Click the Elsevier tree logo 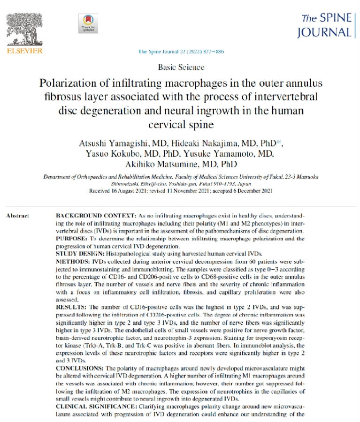pyautogui.click(x=24, y=26)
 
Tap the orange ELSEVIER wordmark pyautogui.click(x=24, y=51)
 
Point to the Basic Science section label pyautogui.click(x=182, y=68)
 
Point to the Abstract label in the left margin pyautogui.click(x=17, y=216)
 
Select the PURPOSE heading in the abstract pyautogui.click(x=71, y=235)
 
